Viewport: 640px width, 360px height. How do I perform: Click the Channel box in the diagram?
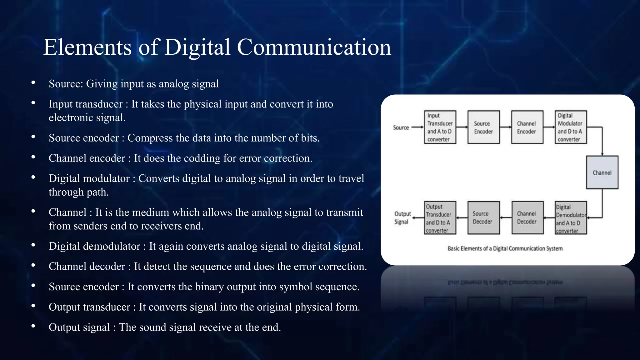coord(602,172)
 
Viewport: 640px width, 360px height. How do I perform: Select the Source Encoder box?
coord(483,127)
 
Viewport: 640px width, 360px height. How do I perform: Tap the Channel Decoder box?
coord(527,217)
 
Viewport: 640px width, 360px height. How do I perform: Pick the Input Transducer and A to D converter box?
coord(440,127)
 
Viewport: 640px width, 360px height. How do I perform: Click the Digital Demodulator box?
coord(571,218)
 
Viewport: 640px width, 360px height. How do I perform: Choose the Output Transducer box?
coord(440,218)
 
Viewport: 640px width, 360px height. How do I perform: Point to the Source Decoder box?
coord(483,217)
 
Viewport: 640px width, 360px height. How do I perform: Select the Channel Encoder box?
coord(527,127)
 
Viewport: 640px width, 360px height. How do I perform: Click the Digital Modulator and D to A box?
coord(571,127)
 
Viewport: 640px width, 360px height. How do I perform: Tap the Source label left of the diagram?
coord(401,127)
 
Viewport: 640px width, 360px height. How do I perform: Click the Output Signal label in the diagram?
coord(402,218)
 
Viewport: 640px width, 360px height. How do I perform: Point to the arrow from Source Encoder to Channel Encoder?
coord(505,127)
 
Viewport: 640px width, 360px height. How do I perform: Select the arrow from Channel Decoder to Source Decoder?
coord(506,218)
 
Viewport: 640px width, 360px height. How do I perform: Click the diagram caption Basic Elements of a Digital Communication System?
coord(505,248)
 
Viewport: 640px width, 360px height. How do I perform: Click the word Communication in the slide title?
coord(314,47)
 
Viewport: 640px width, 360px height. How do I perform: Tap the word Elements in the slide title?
coord(87,47)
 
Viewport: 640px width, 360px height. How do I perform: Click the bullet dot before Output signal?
coord(33,326)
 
